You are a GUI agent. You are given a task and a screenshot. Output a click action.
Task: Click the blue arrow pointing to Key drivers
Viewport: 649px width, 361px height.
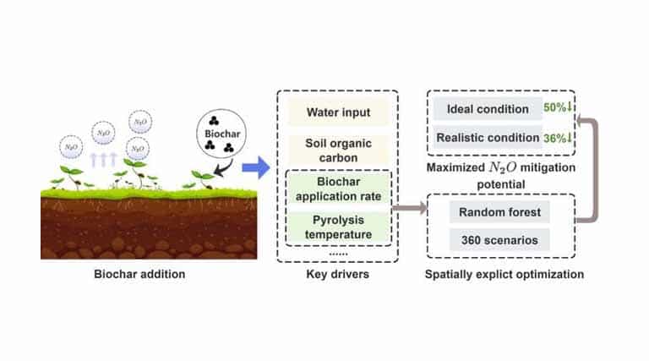(x=255, y=168)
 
